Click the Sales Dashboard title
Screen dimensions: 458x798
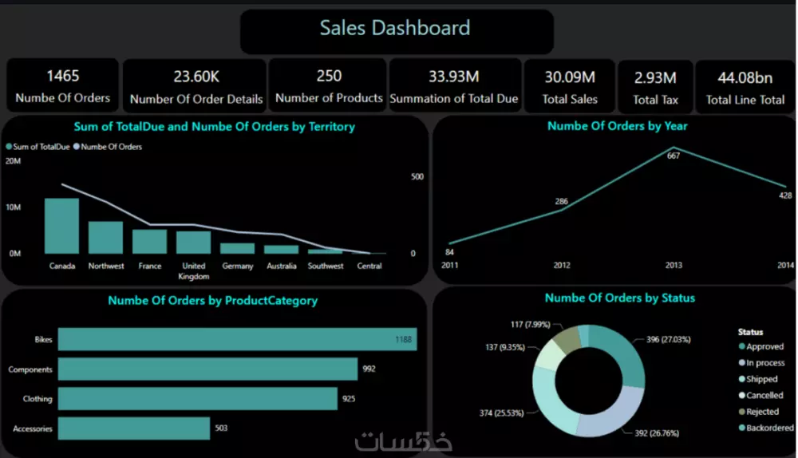point(395,29)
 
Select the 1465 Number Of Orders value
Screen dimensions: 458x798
point(62,76)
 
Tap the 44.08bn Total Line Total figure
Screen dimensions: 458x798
point(745,77)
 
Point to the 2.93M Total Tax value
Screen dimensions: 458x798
point(655,77)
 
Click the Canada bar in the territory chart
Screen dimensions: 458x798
point(61,226)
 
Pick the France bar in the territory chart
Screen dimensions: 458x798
point(149,241)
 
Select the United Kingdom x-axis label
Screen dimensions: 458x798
point(193,270)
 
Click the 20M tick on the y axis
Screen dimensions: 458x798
point(13,161)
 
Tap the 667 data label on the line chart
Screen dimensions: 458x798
point(674,156)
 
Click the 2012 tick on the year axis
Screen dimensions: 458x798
point(562,265)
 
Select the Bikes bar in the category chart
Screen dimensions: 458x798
point(237,339)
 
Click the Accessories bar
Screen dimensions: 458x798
point(134,428)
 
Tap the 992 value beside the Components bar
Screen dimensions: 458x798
point(369,369)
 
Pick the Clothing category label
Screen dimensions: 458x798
point(38,399)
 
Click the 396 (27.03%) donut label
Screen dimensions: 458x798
point(669,339)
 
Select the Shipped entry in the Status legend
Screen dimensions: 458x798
point(761,379)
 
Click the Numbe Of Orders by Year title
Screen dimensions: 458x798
point(617,125)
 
